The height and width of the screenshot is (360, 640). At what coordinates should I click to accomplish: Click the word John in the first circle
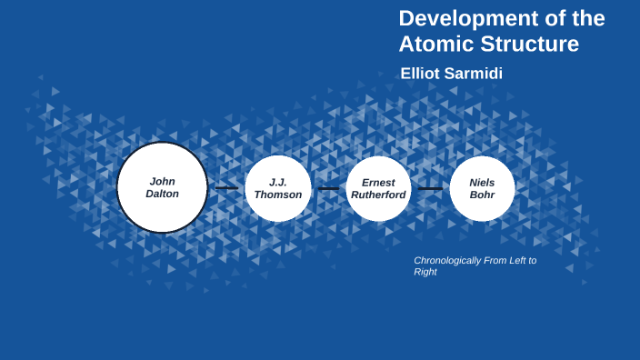[163, 181]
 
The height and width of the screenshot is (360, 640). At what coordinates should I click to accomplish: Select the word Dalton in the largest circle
[163, 194]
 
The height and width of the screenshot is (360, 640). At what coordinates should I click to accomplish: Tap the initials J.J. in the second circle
[278, 182]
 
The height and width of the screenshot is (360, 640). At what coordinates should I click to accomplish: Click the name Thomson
[278, 195]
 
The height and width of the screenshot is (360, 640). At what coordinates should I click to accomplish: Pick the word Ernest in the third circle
[378, 182]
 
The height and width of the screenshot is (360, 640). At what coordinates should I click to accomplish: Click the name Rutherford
[378, 195]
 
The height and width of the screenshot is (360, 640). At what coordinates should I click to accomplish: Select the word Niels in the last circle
[482, 182]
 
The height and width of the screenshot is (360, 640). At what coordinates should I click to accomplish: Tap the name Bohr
[482, 195]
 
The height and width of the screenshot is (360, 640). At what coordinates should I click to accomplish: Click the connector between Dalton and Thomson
[226, 188]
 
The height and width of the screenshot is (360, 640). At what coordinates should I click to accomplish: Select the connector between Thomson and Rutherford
[328, 189]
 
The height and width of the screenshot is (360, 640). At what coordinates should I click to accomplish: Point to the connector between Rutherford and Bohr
[430, 189]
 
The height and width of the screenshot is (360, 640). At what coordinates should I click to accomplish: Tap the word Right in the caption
[425, 272]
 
